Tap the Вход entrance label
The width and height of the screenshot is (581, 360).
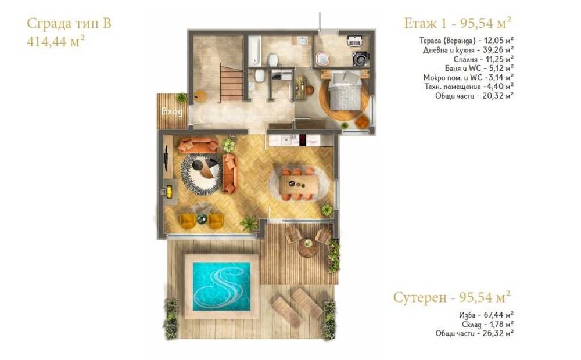[x=172, y=111]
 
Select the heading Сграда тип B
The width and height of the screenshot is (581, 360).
[x=69, y=24]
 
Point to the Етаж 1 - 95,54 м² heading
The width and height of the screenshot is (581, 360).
[x=458, y=23]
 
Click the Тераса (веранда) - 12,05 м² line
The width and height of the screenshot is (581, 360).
[x=466, y=41]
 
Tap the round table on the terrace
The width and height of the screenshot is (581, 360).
[x=308, y=247]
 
